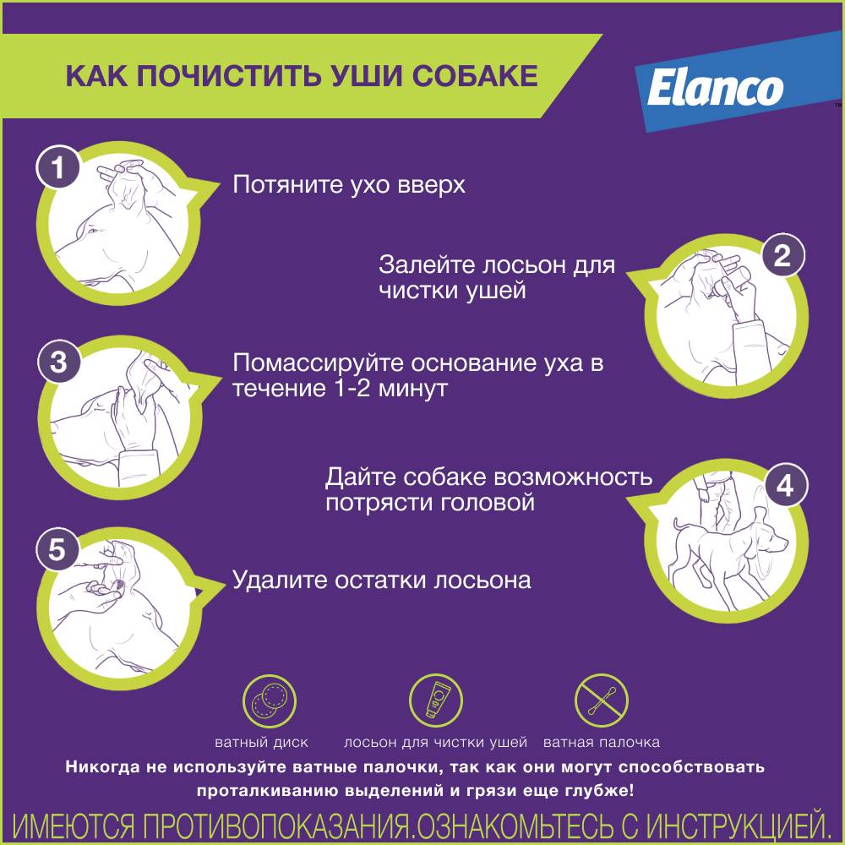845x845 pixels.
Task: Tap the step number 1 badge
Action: (58, 167)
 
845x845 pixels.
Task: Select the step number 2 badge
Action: (782, 255)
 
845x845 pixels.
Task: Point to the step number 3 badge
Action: (59, 361)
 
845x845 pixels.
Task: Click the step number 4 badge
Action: (785, 486)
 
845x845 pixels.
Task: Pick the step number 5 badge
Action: (57, 550)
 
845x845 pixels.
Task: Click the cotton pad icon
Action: (270, 701)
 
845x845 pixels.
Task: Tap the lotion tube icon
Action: (435, 700)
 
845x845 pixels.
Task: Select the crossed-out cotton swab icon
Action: (602, 701)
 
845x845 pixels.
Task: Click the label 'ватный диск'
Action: (261, 743)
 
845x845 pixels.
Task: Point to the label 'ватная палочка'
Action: (602, 743)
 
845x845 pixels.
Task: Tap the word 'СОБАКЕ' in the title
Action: (475, 75)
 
